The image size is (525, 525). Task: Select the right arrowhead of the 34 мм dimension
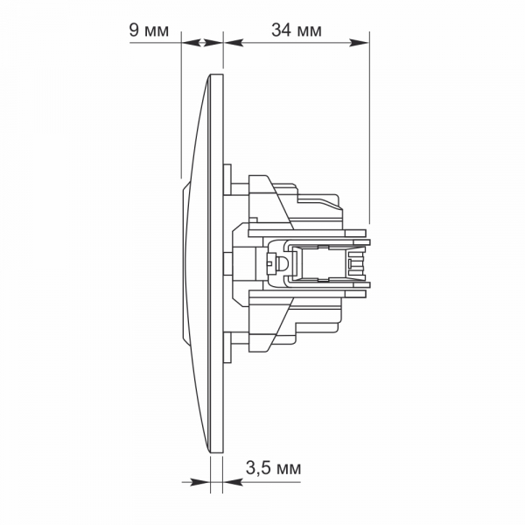tap(362, 41)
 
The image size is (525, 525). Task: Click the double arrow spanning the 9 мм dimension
tap(202, 41)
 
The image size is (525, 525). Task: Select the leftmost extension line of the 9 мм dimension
tap(181, 105)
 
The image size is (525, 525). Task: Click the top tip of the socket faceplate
tap(214, 77)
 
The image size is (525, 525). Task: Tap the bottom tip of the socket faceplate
tap(214, 451)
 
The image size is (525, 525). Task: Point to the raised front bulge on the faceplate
tap(185, 262)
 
